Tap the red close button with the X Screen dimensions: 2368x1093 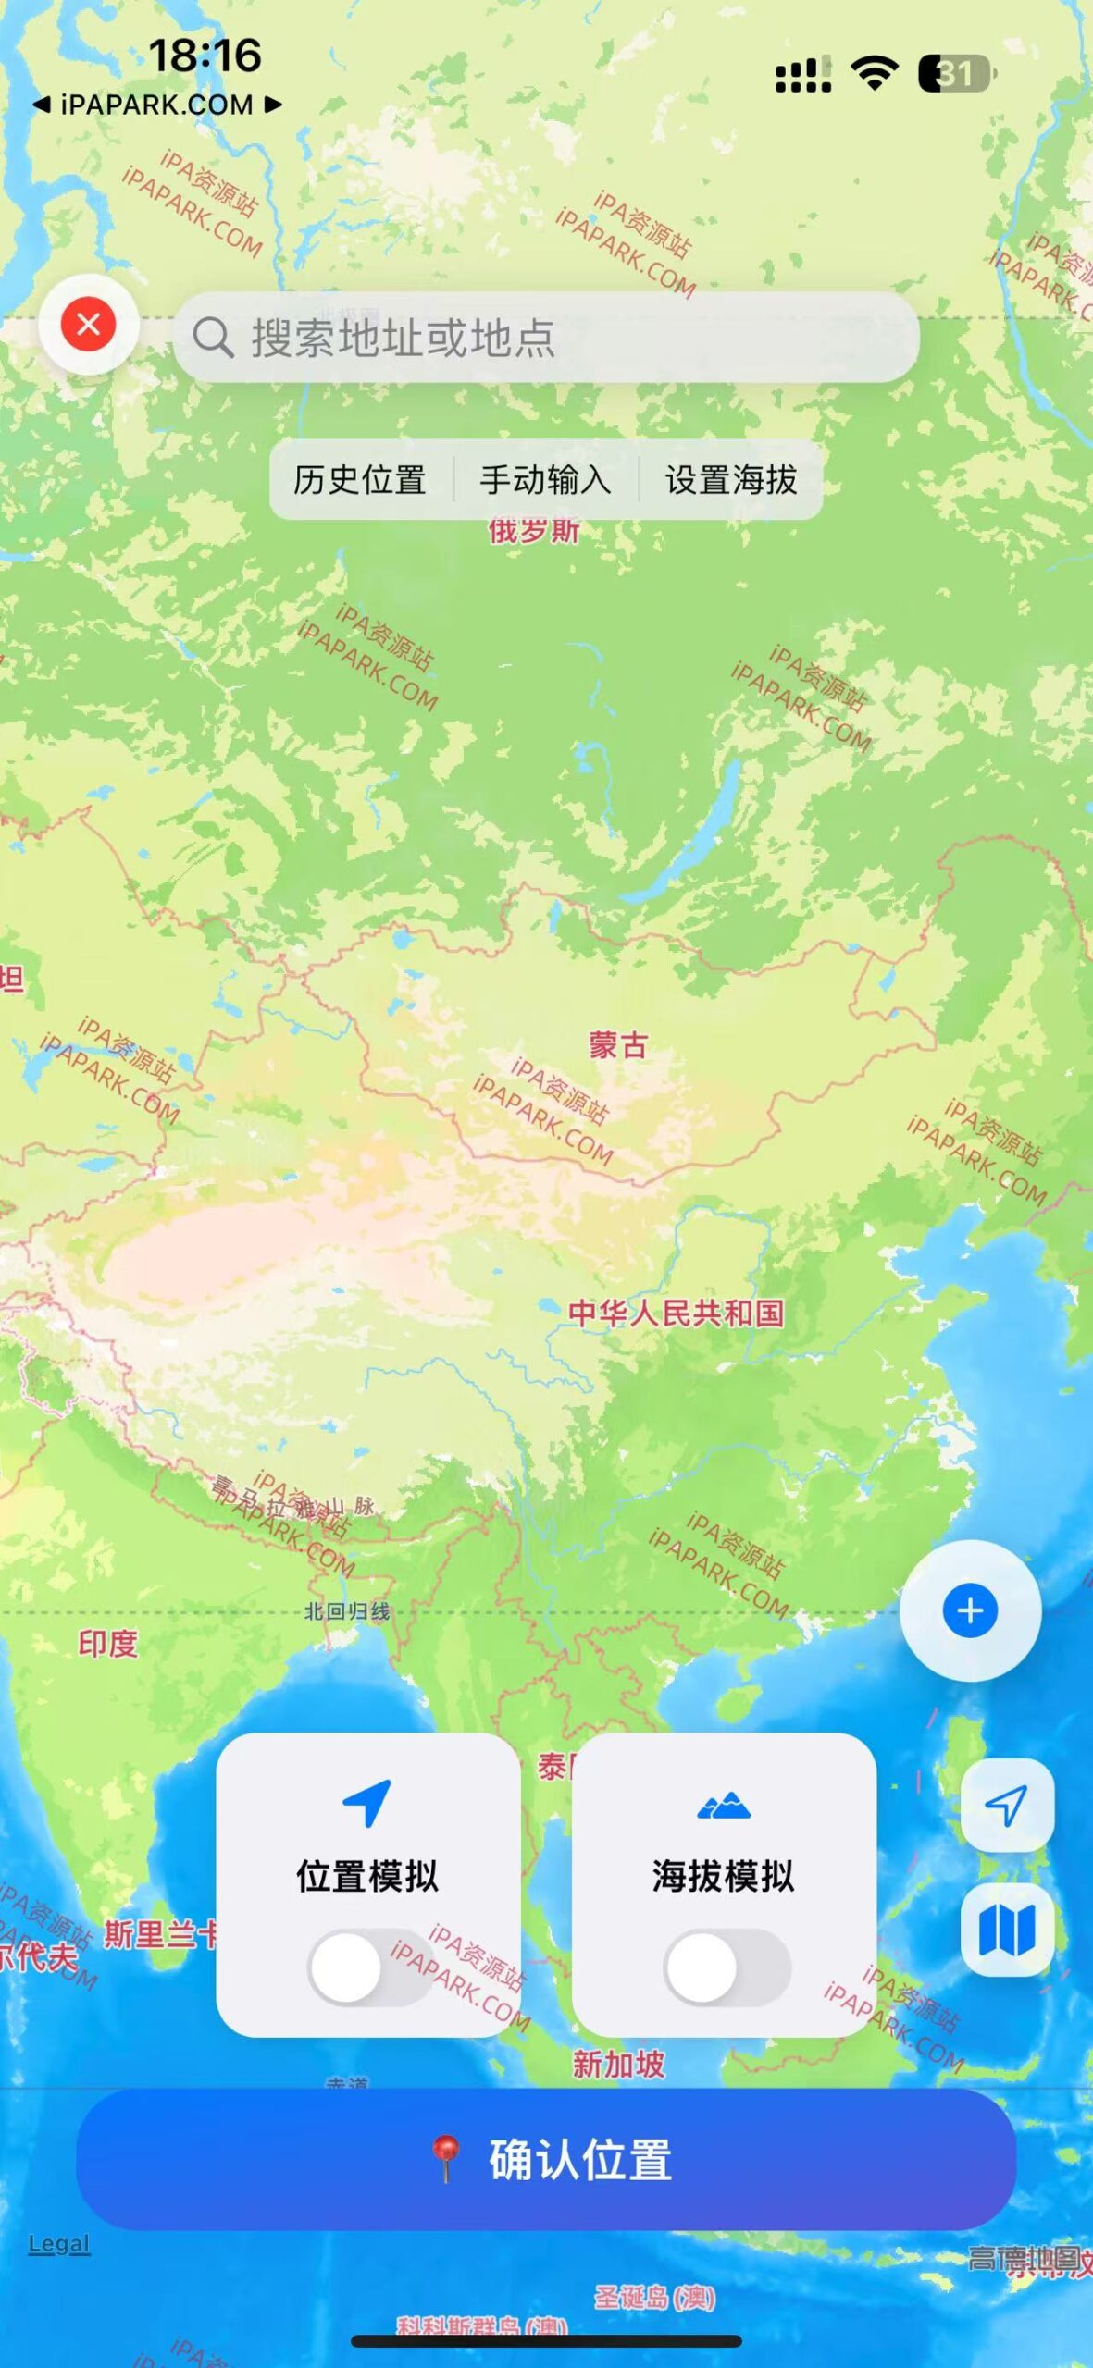(x=89, y=325)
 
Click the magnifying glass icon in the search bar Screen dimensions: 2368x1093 (x=213, y=338)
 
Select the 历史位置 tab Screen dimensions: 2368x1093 (x=360, y=480)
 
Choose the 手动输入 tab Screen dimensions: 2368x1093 (x=545, y=480)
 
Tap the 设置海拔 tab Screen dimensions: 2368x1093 (x=730, y=480)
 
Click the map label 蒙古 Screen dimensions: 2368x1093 (x=618, y=1046)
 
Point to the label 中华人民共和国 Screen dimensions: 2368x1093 (x=676, y=1313)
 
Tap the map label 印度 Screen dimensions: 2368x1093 (x=107, y=1644)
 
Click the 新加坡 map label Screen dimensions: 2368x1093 (x=618, y=2064)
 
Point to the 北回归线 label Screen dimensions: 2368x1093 (x=347, y=1611)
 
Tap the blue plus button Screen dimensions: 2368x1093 (x=970, y=1610)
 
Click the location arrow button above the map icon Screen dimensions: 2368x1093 (x=1007, y=1805)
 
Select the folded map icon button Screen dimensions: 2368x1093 (x=1007, y=1930)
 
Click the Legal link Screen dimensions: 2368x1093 (x=59, y=2244)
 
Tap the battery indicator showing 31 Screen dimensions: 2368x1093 (x=956, y=74)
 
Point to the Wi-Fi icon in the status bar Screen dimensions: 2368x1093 (x=875, y=72)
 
